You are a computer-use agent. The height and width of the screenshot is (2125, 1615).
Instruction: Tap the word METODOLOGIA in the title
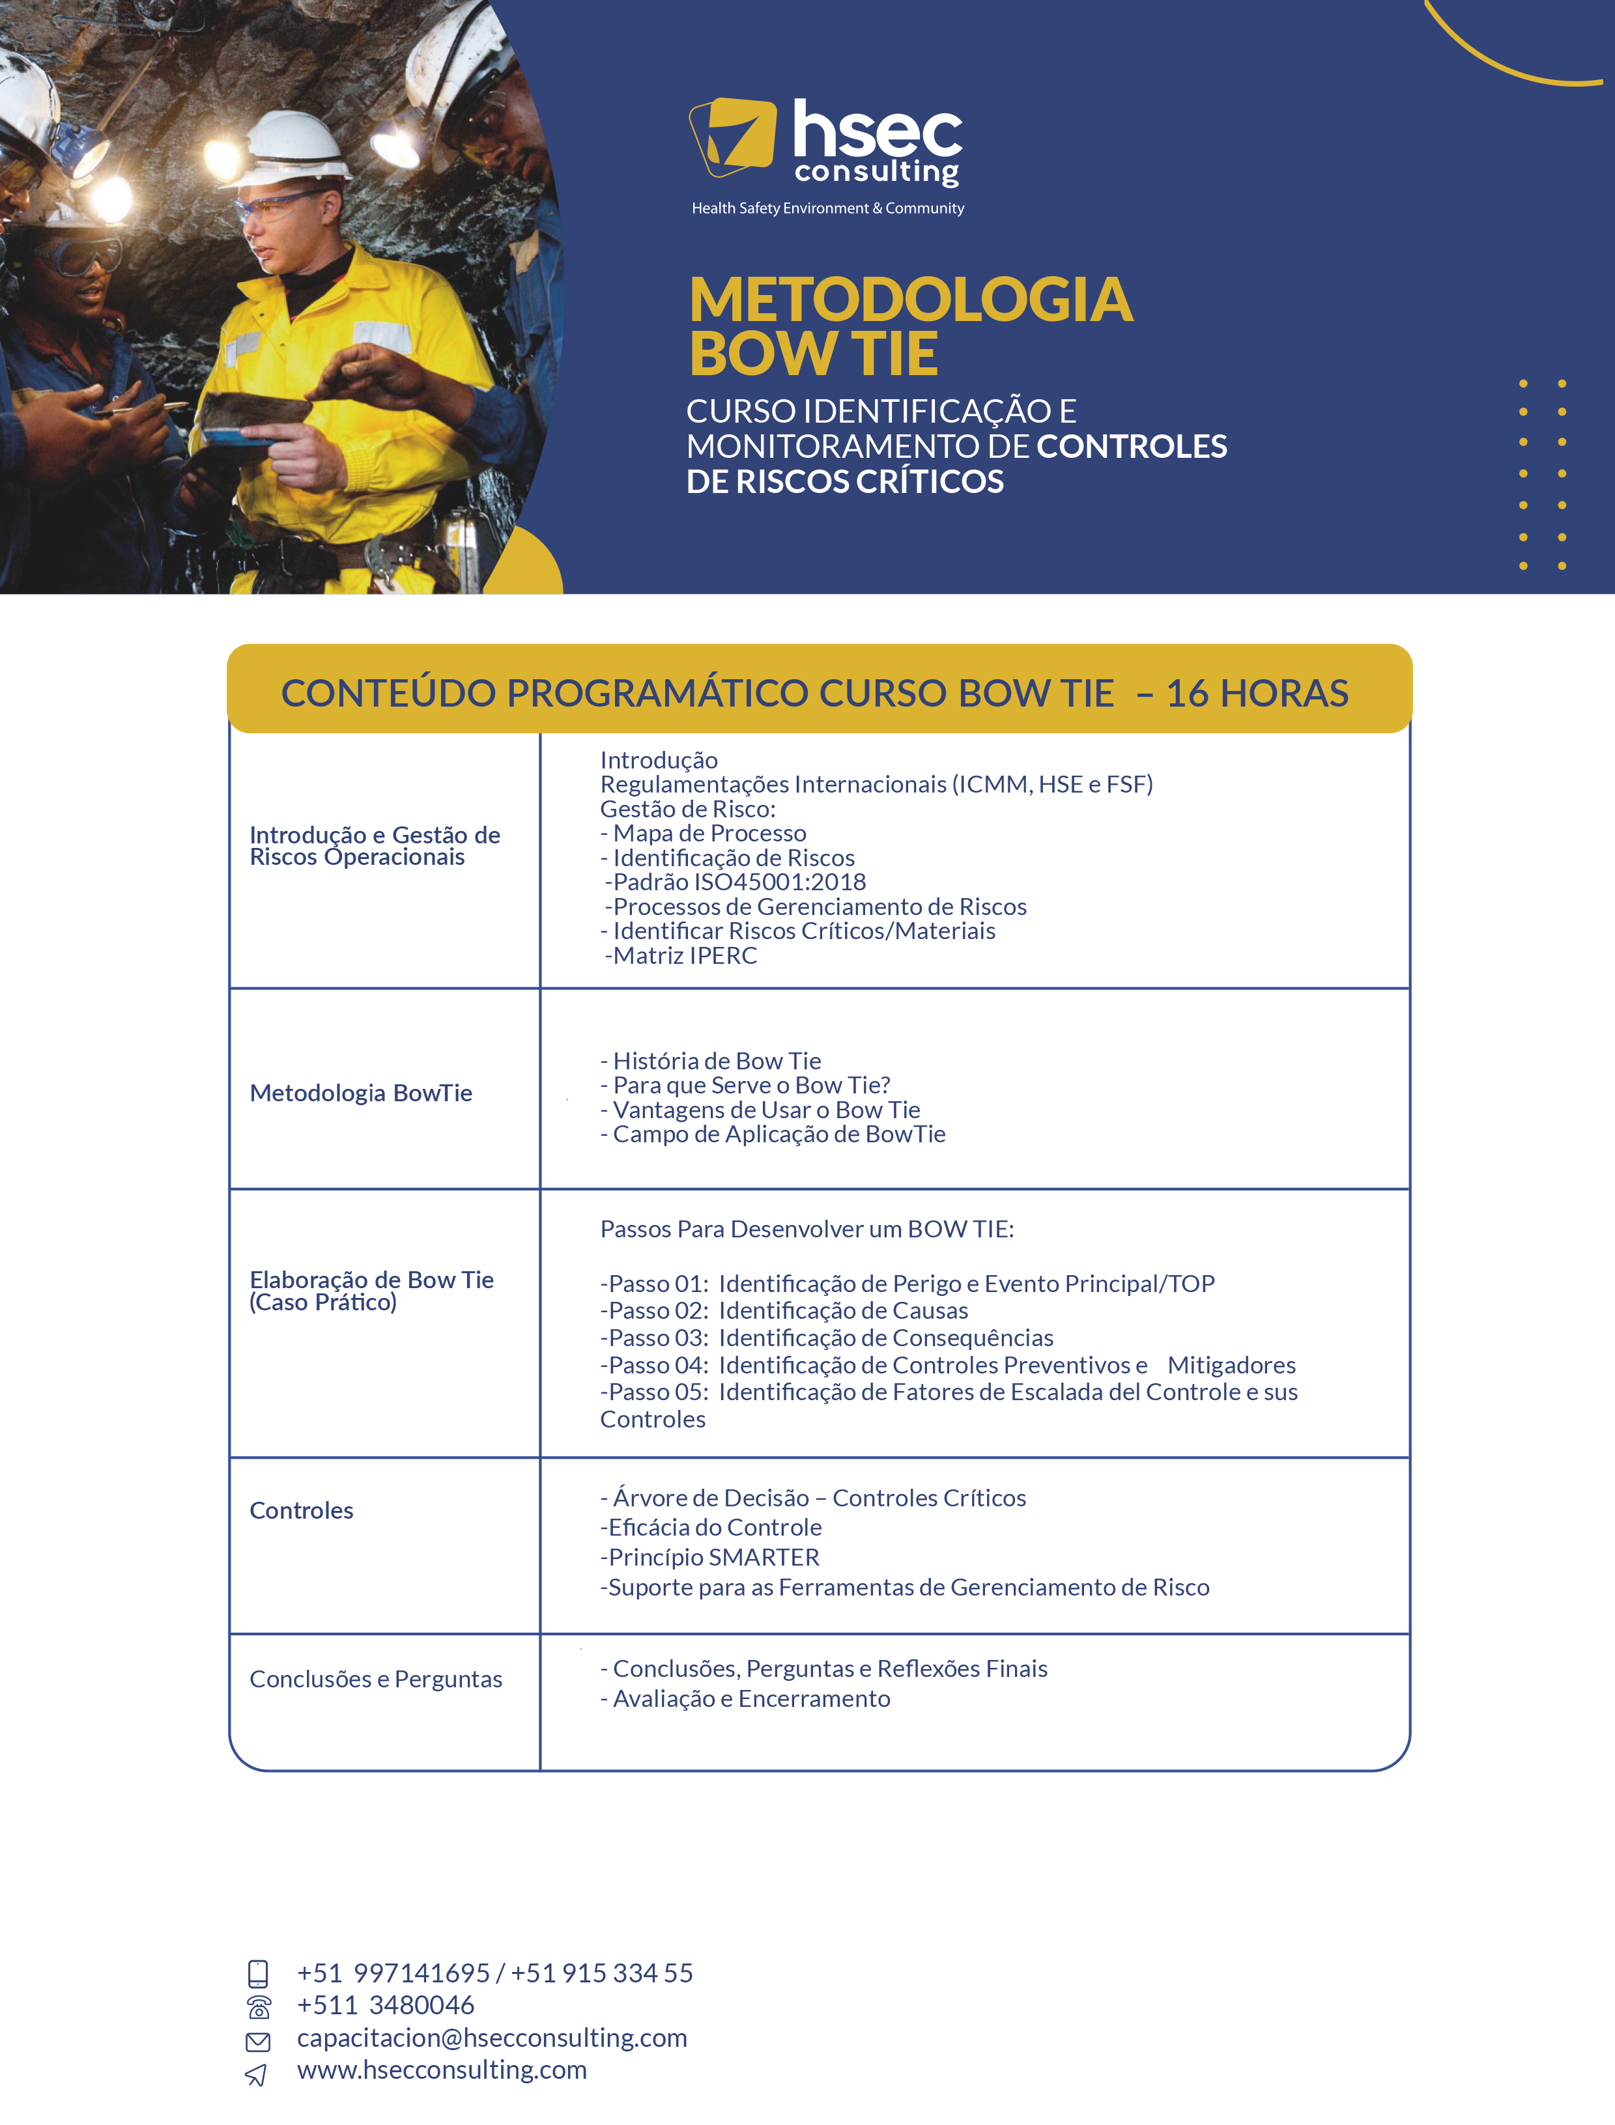coord(910,299)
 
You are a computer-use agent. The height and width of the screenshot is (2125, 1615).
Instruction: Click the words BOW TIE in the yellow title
coord(813,354)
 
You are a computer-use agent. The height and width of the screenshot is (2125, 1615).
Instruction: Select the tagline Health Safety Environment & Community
coord(827,208)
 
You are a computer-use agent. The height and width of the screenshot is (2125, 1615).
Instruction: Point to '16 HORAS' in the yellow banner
coord(1257,693)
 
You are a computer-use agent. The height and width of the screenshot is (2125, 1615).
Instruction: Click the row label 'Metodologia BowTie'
coord(360,1093)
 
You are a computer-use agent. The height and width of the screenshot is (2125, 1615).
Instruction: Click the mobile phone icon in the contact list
coord(257,1973)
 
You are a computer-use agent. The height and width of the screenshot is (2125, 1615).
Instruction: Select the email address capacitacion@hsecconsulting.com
coord(491,2038)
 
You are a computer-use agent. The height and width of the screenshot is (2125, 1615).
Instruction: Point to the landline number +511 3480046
coord(386,2005)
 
